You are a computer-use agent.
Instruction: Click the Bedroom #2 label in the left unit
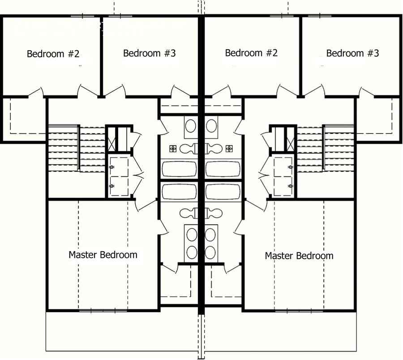point(53,54)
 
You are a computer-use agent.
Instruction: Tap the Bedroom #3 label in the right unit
point(352,53)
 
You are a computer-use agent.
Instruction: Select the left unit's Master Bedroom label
point(103,255)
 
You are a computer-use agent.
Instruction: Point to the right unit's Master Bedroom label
point(299,256)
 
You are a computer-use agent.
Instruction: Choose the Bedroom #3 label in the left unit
point(149,53)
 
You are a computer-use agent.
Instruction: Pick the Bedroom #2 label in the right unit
point(251,53)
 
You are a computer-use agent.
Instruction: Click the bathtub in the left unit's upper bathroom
point(179,169)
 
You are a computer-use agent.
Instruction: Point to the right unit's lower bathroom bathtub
point(223,192)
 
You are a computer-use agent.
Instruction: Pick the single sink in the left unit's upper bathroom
point(191,125)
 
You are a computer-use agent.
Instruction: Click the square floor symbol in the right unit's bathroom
point(229,148)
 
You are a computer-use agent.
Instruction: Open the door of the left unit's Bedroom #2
point(36,91)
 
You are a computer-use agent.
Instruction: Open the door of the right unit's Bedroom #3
point(366,92)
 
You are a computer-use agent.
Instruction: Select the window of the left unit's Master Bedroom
point(103,310)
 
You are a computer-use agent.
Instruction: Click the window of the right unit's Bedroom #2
point(282,16)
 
